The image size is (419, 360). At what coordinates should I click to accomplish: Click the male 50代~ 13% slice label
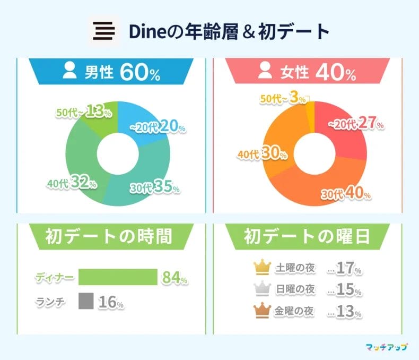tap(84, 112)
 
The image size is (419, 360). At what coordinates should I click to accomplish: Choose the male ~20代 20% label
tap(158, 127)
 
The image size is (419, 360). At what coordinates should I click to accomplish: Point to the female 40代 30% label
tap(263, 154)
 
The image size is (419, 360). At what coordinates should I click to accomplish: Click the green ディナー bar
tap(118, 277)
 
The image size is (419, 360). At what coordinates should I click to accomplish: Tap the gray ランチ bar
tap(86, 301)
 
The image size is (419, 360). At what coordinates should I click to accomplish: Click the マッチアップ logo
tap(387, 347)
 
